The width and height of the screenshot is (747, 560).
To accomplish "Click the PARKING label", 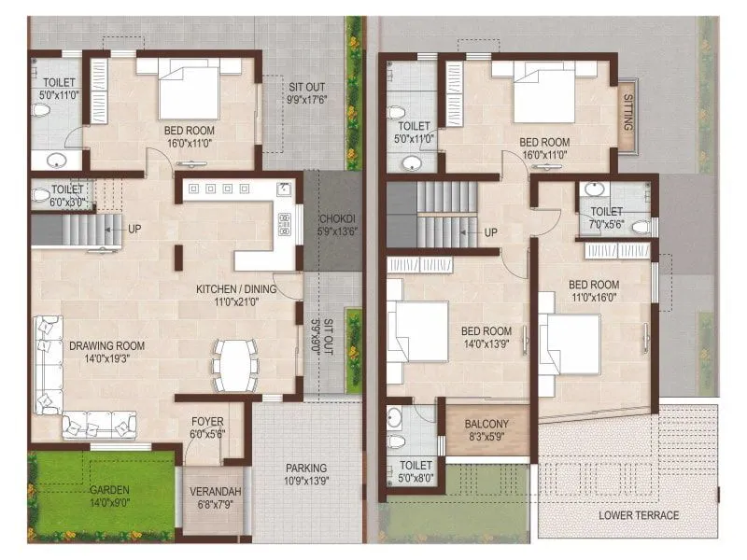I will tap(306, 468).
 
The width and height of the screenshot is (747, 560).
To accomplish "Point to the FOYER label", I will tap(207, 421).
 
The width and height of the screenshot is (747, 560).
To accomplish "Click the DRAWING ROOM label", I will tap(106, 345).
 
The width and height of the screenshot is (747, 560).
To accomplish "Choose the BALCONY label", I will tap(486, 423).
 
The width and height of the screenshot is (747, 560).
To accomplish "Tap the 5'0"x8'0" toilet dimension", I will tap(416, 478).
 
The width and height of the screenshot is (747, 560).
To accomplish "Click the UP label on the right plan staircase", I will tap(491, 231).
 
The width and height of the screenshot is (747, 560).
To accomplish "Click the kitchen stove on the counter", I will tap(285, 223).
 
